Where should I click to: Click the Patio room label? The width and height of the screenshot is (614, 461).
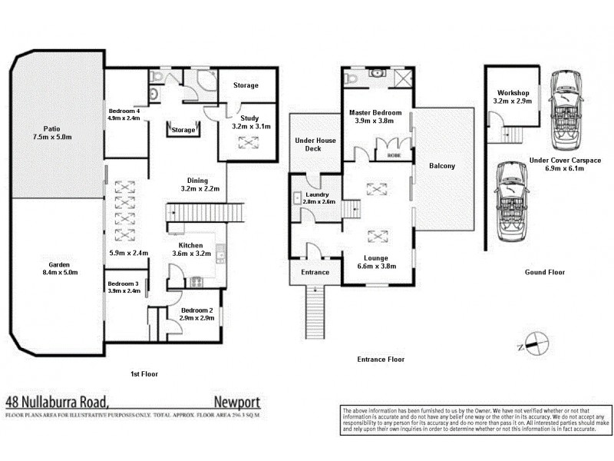[52, 128]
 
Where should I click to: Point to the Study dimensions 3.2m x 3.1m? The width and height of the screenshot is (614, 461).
[248, 126]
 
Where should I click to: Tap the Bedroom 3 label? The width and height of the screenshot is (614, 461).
[123, 284]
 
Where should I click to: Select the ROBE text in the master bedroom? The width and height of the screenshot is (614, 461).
[391, 154]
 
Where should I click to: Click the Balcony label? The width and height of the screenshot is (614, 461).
[442, 166]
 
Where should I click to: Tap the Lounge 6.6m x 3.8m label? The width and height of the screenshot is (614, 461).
[377, 258]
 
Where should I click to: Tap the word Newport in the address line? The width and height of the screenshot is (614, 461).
[236, 401]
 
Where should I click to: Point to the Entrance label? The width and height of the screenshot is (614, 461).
[315, 272]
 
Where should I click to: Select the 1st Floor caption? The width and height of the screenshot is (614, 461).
[144, 374]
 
